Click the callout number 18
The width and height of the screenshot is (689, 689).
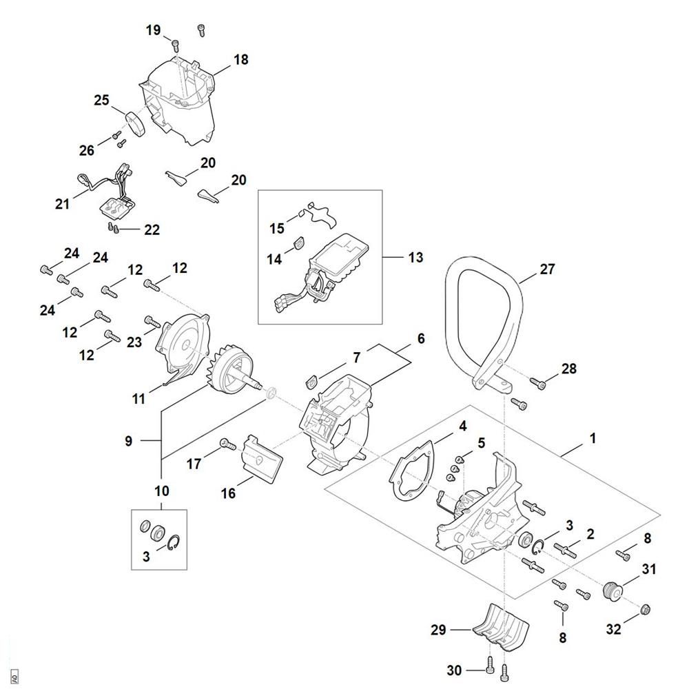click(240, 59)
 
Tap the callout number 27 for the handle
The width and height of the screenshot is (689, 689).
click(546, 269)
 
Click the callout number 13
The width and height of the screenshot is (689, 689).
click(415, 258)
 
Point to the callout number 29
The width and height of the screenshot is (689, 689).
click(439, 630)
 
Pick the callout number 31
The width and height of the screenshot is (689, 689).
click(649, 570)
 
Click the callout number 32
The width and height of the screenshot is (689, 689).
click(613, 628)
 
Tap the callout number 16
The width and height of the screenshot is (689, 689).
click(228, 493)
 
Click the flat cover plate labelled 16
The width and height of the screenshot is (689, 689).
click(263, 460)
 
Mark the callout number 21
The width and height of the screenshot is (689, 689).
click(63, 204)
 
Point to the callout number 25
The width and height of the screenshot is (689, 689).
click(101, 101)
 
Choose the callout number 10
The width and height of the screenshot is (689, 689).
click(161, 491)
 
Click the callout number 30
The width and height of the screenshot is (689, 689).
click(454, 670)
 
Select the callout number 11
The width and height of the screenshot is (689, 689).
click(138, 398)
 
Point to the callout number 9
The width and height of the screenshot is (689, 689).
click(129, 442)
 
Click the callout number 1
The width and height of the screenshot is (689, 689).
click(593, 438)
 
